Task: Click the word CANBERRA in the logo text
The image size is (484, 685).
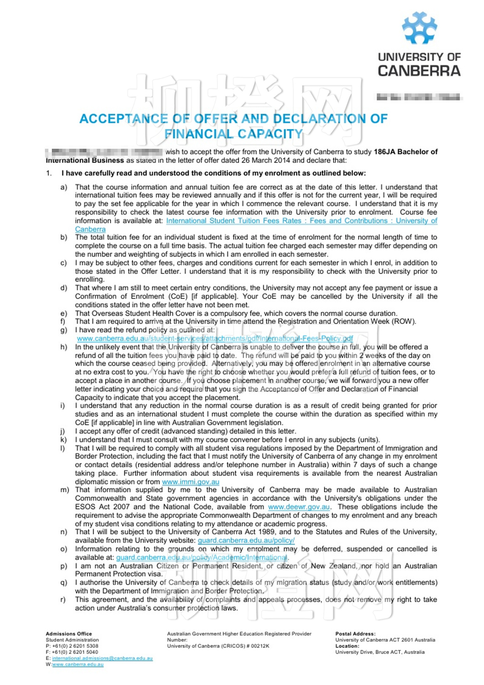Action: click(x=419, y=71)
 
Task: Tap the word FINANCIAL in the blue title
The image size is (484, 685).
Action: click(x=198, y=134)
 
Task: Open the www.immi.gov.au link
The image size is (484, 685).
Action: click(x=190, y=482)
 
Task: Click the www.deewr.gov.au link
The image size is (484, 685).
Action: click(x=299, y=507)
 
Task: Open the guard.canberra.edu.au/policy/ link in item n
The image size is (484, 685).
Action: click(x=246, y=540)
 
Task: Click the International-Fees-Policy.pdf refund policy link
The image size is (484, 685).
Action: click(x=215, y=339)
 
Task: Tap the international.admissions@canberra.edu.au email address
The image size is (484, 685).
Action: click(x=102, y=658)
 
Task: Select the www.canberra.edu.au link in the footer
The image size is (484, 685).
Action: click(x=78, y=665)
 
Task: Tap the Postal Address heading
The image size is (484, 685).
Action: click(x=355, y=634)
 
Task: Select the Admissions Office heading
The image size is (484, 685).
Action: click(x=69, y=634)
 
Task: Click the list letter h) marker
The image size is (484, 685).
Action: click(x=64, y=347)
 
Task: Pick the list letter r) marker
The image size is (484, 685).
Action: click(x=63, y=600)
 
